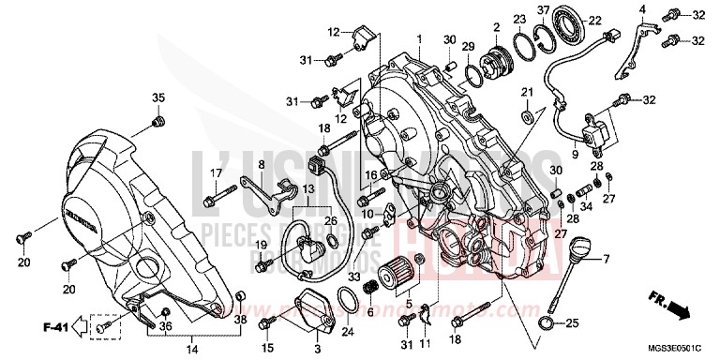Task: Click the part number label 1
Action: (x=420, y=37)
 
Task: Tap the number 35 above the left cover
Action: (x=157, y=98)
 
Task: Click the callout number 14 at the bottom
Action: (x=192, y=349)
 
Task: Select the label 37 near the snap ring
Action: (x=543, y=10)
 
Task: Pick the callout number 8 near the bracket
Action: (x=236, y=165)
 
